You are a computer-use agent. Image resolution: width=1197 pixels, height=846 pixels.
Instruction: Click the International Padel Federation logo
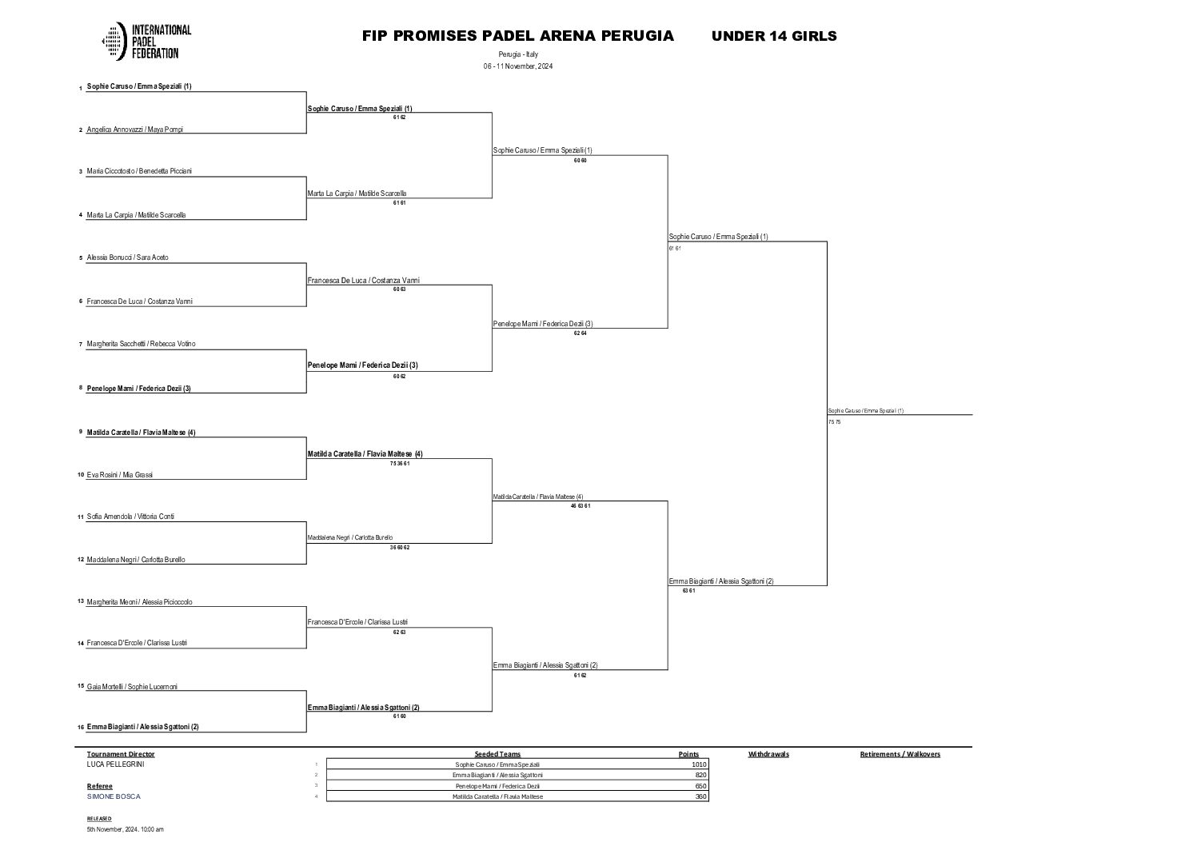point(146,41)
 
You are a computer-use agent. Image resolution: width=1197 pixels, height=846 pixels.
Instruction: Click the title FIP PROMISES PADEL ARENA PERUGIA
point(517,36)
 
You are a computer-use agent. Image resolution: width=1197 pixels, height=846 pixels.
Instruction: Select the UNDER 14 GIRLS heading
point(773,36)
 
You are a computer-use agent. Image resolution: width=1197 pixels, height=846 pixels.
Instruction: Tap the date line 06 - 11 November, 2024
point(517,66)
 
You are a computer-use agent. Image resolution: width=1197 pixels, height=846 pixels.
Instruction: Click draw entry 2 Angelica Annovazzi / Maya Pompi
point(134,130)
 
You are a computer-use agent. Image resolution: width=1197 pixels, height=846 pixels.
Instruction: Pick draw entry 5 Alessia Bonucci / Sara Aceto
point(127,258)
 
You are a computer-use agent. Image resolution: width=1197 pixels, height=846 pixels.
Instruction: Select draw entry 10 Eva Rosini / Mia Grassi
point(119,475)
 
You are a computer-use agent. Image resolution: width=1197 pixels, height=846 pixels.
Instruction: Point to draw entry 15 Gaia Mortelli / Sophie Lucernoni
point(132,687)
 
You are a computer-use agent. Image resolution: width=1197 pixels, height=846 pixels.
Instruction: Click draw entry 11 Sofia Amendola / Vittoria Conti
point(130,517)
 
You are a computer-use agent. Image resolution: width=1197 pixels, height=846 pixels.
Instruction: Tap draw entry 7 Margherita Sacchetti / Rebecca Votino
point(141,344)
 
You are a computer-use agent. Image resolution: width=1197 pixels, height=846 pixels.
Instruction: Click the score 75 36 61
point(399,464)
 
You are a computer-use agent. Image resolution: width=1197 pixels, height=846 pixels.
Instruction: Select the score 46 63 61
point(580,506)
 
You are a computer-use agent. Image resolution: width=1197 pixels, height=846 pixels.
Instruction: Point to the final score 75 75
point(834,422)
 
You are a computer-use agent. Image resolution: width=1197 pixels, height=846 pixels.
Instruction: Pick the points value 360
point(700,796)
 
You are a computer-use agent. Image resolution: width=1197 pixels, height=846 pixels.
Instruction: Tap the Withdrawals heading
point(768,754)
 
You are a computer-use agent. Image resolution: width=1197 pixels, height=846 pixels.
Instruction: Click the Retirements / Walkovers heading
point(900,754)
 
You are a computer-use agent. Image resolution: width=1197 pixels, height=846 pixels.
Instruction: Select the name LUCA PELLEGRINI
point(115,764)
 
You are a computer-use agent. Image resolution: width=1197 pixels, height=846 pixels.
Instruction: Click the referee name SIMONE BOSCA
point(113,796)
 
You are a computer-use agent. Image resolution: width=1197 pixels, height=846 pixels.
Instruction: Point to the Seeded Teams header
point(497,754)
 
